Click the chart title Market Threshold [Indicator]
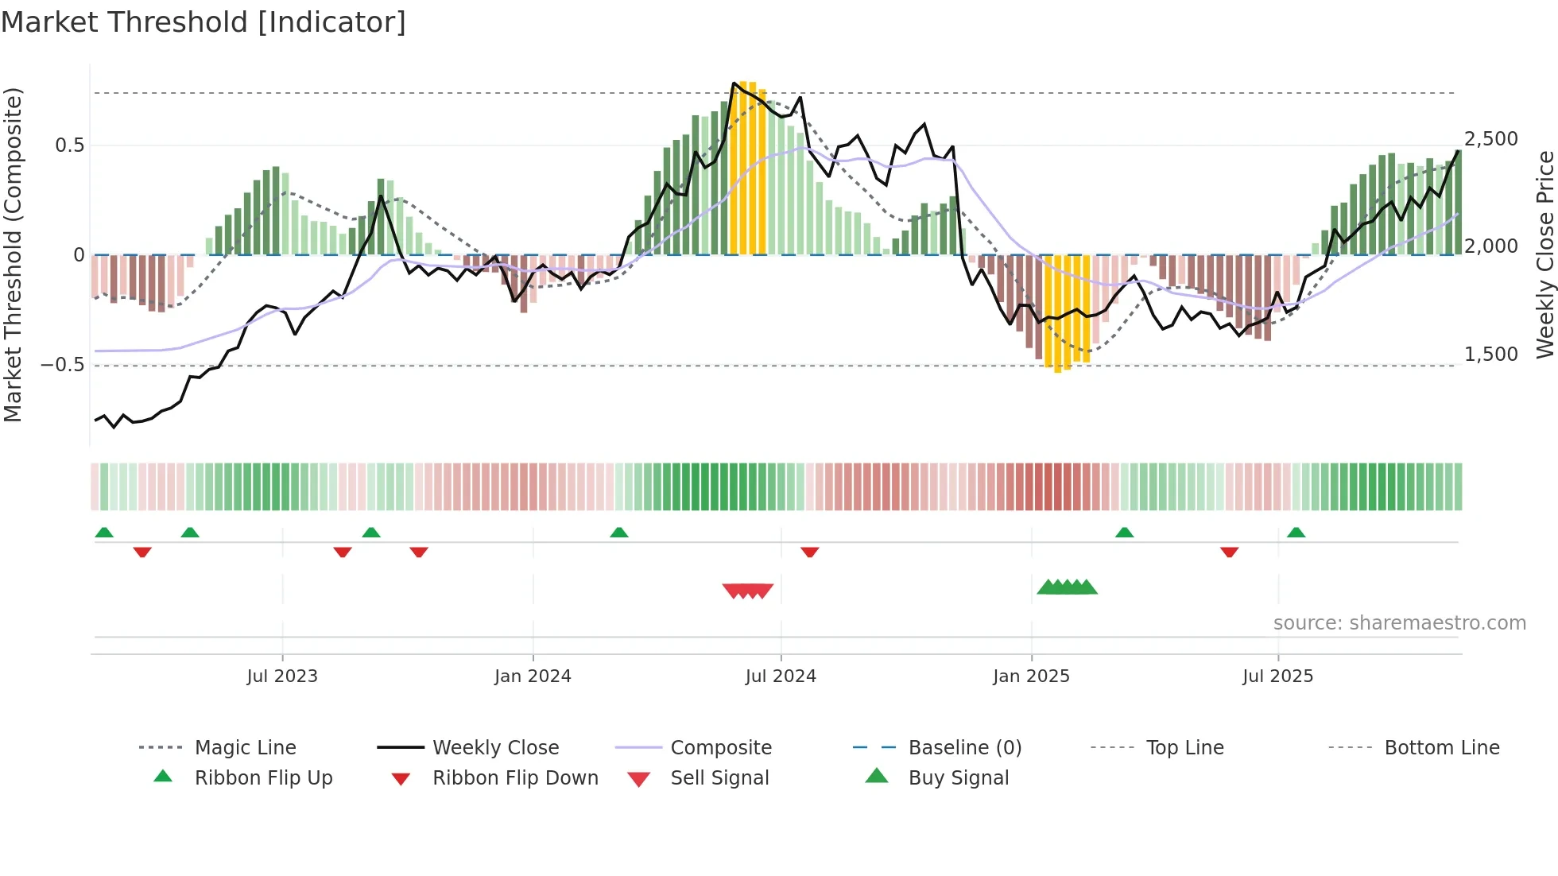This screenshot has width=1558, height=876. point(203,22)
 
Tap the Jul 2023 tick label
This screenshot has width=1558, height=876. point(282,676)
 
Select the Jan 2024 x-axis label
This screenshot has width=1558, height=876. point(533,676)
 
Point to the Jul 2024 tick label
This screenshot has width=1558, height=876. point(781,676)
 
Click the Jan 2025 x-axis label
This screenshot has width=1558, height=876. point(1031,676)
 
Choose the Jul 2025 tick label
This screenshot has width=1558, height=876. point(1277,676)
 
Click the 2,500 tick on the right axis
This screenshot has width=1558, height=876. point(1490,139)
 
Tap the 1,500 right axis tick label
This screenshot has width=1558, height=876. point(1490,355)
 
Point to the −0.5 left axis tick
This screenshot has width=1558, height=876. point(62,365)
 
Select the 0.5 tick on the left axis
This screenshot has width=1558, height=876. point(69,145)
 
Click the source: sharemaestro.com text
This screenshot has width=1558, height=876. point(1399,623)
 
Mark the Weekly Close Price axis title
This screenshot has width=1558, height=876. point(1544,254)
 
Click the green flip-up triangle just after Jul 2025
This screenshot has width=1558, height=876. point(1296,533)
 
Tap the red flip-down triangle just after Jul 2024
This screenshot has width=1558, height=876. point(809,552)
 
